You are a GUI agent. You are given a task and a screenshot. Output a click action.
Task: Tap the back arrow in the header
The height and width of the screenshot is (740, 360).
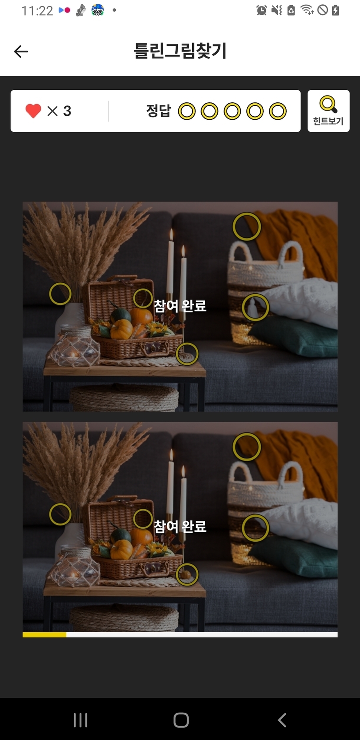coord(21,52)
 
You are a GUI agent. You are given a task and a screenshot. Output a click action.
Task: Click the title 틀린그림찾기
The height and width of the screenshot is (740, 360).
coord(180,51)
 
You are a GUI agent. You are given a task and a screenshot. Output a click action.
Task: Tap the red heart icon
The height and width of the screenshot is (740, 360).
coord(33,111)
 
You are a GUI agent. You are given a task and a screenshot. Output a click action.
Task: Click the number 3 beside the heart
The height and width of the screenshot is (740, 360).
coord(67,111)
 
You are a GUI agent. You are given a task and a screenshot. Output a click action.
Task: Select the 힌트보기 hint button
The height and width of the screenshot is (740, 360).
coord(328,111)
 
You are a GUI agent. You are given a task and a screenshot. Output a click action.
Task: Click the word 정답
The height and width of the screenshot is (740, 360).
coord(159,111)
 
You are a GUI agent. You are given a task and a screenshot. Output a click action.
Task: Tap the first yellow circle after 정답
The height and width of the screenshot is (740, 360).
coord(187,111)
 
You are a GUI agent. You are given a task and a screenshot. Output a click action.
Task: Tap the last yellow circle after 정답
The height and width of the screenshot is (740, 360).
coord(278,111)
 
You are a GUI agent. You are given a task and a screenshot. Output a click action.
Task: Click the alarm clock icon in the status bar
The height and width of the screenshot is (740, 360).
coord(261,10)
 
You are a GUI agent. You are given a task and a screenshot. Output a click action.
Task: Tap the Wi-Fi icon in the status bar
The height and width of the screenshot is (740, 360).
coord(307,10)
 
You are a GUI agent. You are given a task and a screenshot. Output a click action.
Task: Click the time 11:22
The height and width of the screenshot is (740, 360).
coord(37,11)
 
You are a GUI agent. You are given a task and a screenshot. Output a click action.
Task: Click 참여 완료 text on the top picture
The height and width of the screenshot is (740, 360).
coord(180,305)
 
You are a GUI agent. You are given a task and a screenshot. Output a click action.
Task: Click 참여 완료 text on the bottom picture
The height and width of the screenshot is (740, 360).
coord(180,526)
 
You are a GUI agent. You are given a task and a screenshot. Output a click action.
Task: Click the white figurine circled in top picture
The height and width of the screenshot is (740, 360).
coord(253,307)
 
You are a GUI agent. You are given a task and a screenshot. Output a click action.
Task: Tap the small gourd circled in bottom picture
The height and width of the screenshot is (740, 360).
coord(186,574)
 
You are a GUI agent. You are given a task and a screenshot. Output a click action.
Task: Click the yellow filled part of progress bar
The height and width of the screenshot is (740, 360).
coord(44,634)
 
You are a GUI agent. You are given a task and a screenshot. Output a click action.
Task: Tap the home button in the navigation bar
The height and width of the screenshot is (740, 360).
coord(181,720)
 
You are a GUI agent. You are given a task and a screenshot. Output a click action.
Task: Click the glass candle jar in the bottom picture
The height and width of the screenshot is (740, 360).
coord(75,566)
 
